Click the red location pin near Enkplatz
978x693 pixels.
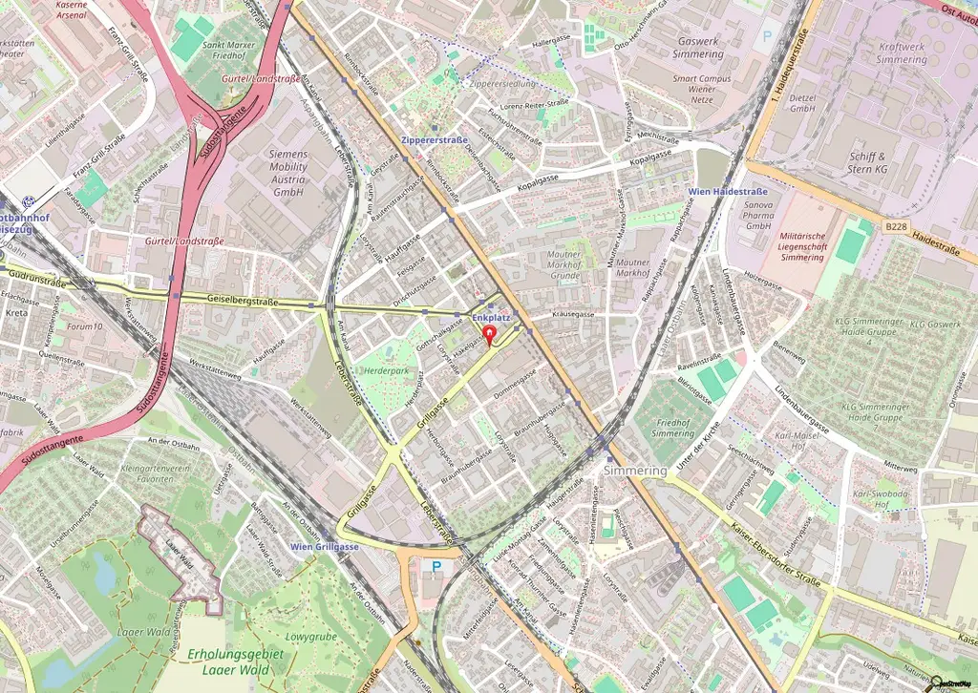pyautogui.click(x=491, y=335)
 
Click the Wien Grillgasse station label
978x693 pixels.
pyautogui.click(x=325, y=546)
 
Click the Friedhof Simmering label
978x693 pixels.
pyautogui.click(x=673, y=428)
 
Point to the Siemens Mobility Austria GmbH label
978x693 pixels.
pyautogui.click(x=275, y=173)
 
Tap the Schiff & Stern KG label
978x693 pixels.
pyautogui.click(x=867, y=162)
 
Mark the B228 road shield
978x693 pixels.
pyautogui.click(x=896, y=227)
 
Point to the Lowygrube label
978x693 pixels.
pyautogui.click(x=311, y=637)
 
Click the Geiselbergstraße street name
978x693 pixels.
pyautogui.click(x=243, y=300)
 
